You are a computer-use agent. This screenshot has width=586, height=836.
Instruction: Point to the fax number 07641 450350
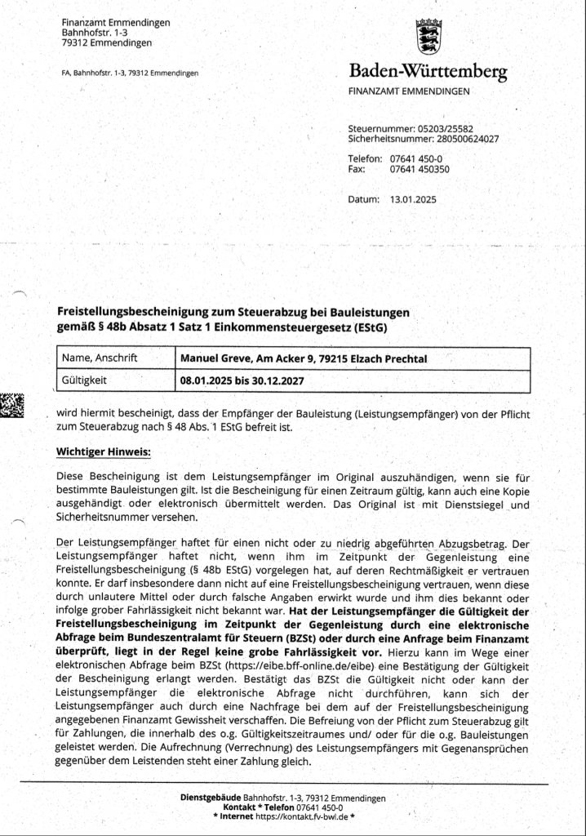[x=420, y=169]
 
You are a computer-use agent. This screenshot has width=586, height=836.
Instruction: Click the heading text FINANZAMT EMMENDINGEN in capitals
[x=409, y=91]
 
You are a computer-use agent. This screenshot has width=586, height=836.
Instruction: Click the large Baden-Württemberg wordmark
[x=428, y=71]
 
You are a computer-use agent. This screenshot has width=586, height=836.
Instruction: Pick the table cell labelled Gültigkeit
[x=86, y=380]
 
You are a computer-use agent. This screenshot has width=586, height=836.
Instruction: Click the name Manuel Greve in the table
[x=218, y=358]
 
